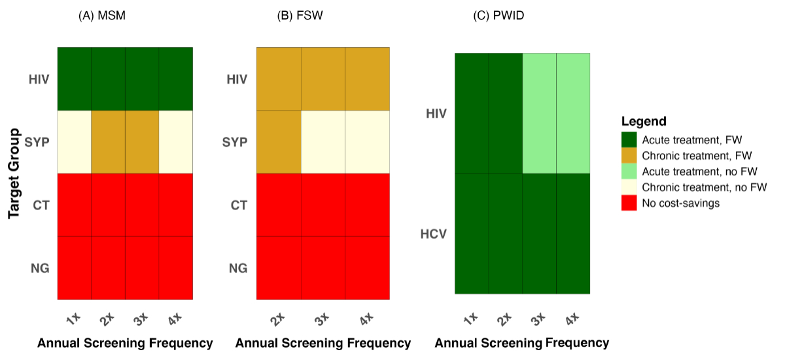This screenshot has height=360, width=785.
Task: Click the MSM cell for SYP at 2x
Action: pyautogui.click(x=108, y=141)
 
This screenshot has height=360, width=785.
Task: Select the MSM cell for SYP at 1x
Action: pyautogui.click(x=75, y=141)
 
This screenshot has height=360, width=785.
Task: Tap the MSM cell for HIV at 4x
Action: pyautogui.click(x=175, y=79)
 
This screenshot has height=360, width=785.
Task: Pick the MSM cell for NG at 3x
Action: pyautogui.click(x=142, y=267)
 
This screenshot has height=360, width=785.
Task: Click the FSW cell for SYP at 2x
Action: pyautogui.click(x=279, y=141)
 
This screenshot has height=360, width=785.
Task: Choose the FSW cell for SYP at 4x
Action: pyautogui.click(x=368, y=141)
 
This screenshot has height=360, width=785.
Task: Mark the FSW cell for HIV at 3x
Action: pyautogui.click(x=323, y=79)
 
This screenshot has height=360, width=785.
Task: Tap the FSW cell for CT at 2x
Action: pyautogui.click(x=279, y=204)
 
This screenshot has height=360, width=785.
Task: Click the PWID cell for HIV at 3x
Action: pyautogui.click(x=540, y=113)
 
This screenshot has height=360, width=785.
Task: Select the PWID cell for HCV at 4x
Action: pyautogui.click(x=573, y=234)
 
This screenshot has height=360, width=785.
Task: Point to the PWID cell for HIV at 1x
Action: pyautogui.click(x=472, y=113)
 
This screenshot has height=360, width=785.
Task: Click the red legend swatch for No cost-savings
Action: pyautogui.click(x=629, y=203)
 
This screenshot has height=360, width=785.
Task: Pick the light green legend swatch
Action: pyautogui.click(x=629, y=171)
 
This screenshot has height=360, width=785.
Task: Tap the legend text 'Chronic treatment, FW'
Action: pyautogui.click(x=697, y=156)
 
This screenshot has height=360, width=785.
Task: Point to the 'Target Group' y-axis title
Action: pyautogui.click(x=14, y=173)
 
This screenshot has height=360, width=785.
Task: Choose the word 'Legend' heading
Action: pyautogui.click(x=644, y=121)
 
